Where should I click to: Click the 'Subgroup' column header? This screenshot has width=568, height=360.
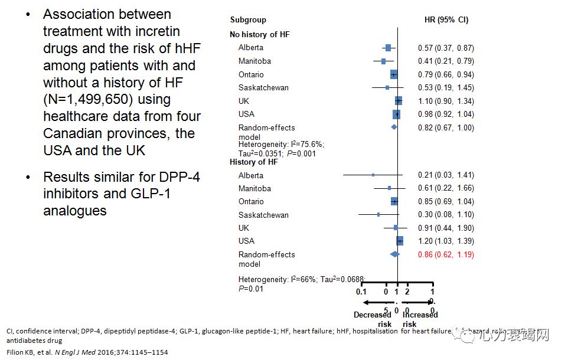(248, 20)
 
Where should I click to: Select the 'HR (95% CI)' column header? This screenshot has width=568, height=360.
(446, 20)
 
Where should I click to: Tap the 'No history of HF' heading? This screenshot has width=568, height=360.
(259, 34)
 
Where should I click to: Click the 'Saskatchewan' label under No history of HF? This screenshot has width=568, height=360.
(263, 88)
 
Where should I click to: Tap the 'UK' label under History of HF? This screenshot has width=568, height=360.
(244, 228)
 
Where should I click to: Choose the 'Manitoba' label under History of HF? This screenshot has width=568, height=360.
(254, 189)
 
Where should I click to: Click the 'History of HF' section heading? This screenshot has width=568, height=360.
(254, 162)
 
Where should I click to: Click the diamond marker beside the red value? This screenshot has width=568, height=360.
(394, 254)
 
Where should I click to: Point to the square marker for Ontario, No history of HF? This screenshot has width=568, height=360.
(394, 74)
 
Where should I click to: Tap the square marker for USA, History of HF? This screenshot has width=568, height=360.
(400, 241)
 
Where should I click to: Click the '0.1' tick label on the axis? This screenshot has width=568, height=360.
(361, 292)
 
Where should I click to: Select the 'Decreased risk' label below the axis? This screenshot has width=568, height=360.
(372, 319)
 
